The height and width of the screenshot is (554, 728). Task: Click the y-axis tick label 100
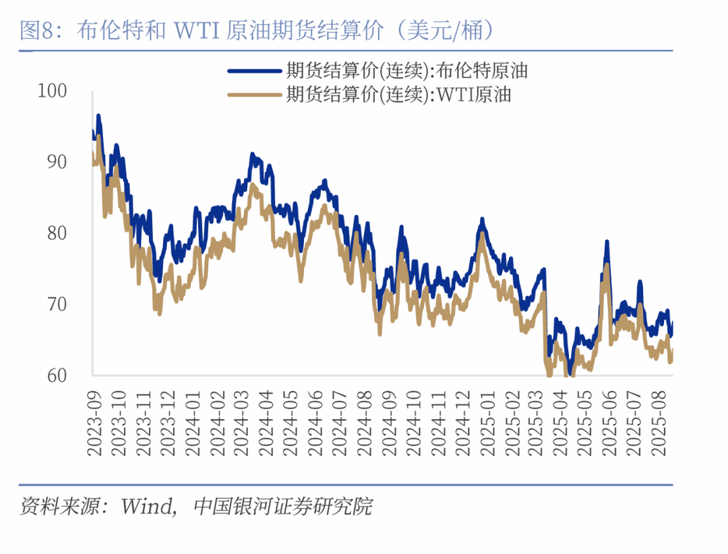pos(53,90)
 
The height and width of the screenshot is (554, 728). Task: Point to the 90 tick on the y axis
pos(57,162)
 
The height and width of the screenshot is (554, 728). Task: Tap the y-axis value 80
pos(57,233)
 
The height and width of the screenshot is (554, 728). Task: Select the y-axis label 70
pos(57,304)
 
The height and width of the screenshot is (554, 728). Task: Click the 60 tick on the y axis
pos(57,375)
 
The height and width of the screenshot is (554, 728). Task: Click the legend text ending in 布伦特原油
pos(406,70)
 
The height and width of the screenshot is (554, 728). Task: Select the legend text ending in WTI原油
pos(398,94)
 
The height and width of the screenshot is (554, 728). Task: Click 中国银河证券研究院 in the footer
pos(282,506)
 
